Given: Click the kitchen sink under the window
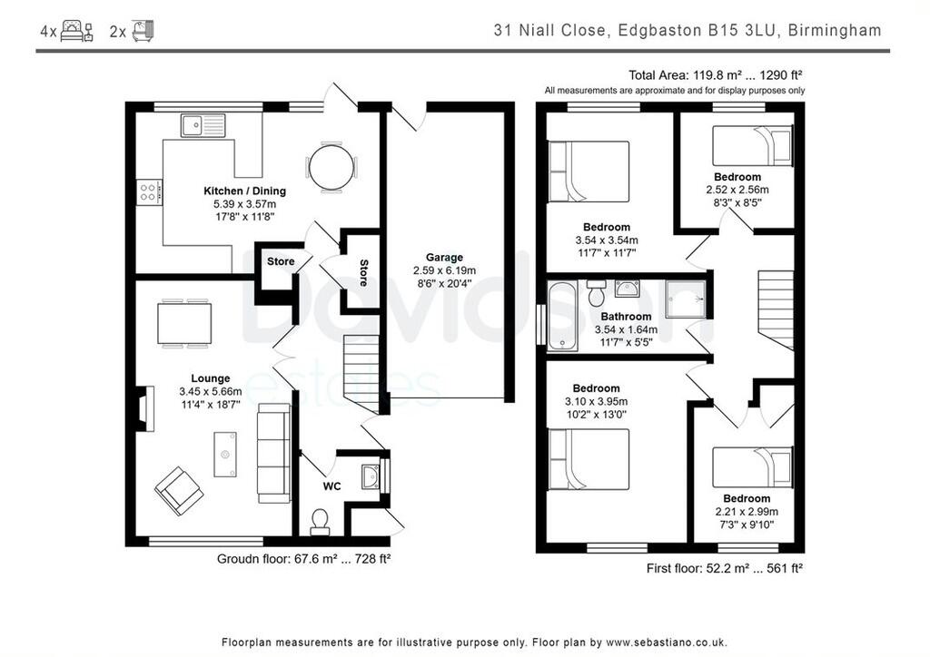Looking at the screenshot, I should [203, 125].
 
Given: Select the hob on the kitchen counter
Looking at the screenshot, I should [149, 192].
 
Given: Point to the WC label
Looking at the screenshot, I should [332, 486].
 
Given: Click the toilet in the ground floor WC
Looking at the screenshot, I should [320, 521].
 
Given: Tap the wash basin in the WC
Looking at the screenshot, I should [371, 476].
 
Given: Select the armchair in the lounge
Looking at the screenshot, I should [179, 490].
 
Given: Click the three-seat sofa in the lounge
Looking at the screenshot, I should [272, 453].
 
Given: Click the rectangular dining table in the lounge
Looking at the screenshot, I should [184, 324].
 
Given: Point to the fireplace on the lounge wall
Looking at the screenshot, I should [142, 407].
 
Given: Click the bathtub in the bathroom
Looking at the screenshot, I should [563, 315].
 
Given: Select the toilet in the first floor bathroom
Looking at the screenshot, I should [597, 294].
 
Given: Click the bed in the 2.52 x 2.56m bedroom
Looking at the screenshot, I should [752, 146].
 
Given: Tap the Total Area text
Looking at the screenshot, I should [716, 75].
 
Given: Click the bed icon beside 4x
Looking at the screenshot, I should [77, 31].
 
